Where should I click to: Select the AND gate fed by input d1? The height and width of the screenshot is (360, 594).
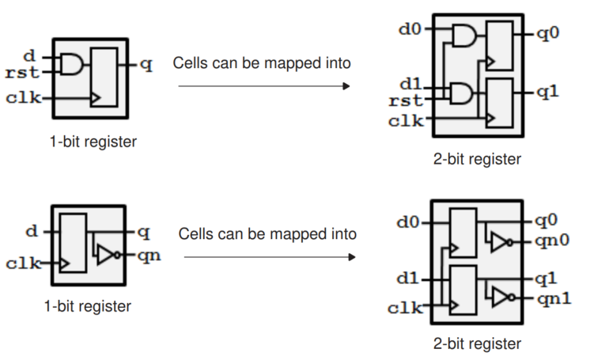(463, 94)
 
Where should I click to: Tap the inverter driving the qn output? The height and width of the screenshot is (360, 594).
(106, 254)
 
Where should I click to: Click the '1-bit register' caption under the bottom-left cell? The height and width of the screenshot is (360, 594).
(89, 306)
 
